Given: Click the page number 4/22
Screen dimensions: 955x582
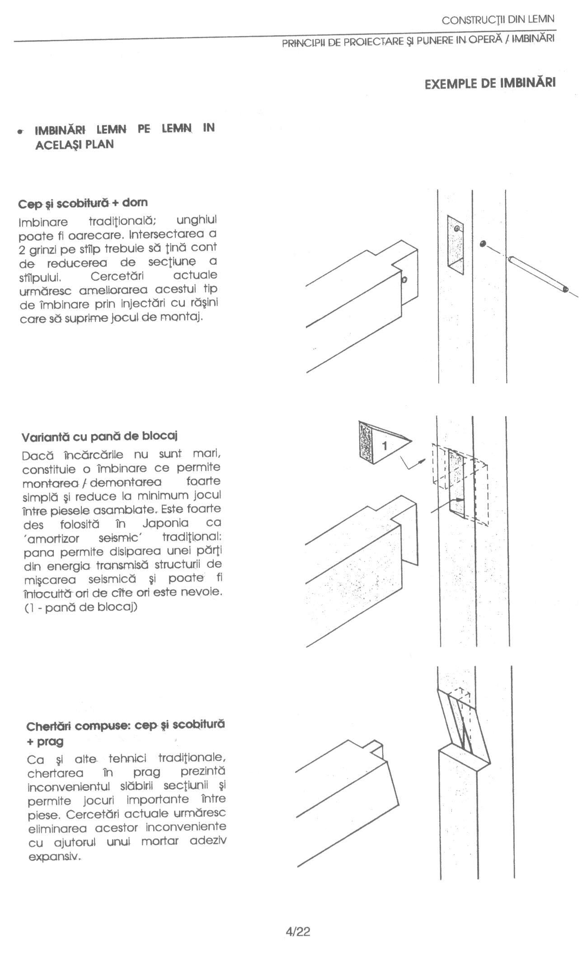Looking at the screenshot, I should [x=298, y=931].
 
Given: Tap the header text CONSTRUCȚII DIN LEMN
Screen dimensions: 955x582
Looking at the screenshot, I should [x=498, y=20].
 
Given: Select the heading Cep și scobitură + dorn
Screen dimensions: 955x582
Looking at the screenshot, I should [x=83, y=203].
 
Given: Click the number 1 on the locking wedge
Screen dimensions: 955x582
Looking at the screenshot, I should [x=385, y=446].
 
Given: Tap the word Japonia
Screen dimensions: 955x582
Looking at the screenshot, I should [x=165, y=523].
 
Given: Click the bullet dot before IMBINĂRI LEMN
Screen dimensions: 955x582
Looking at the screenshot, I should [x=19, y=132].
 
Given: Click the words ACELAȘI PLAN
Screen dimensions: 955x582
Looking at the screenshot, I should [x=74, y=145].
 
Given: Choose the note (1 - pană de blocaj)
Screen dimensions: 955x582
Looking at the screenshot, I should [x=80, y=607].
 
